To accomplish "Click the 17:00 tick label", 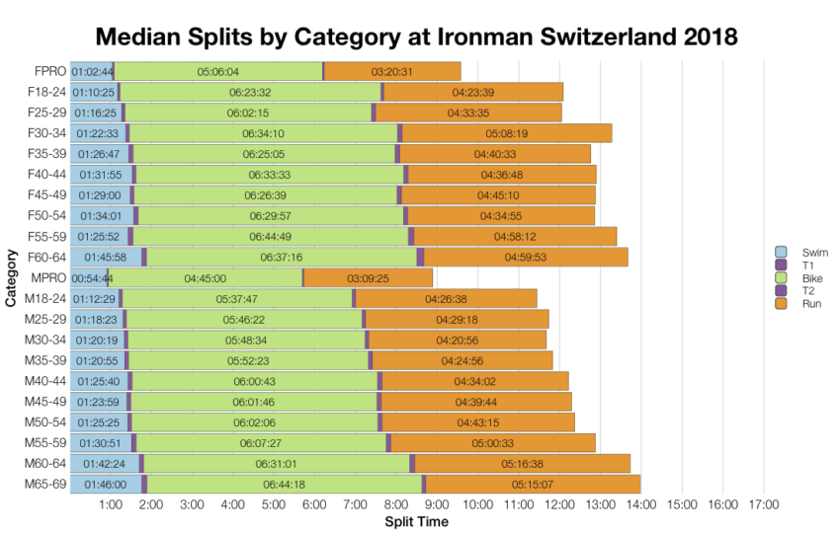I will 764,505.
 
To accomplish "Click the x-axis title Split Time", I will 416,521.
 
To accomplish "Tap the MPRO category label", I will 49,278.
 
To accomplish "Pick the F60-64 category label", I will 47,258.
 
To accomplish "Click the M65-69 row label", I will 47,485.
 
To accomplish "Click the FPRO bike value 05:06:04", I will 218,71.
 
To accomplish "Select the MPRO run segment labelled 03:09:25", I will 368,278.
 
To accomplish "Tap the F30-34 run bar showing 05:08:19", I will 507,133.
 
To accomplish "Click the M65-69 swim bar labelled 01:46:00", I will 105,485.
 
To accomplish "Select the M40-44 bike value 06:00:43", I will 254,381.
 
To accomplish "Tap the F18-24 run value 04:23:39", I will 473,92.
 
